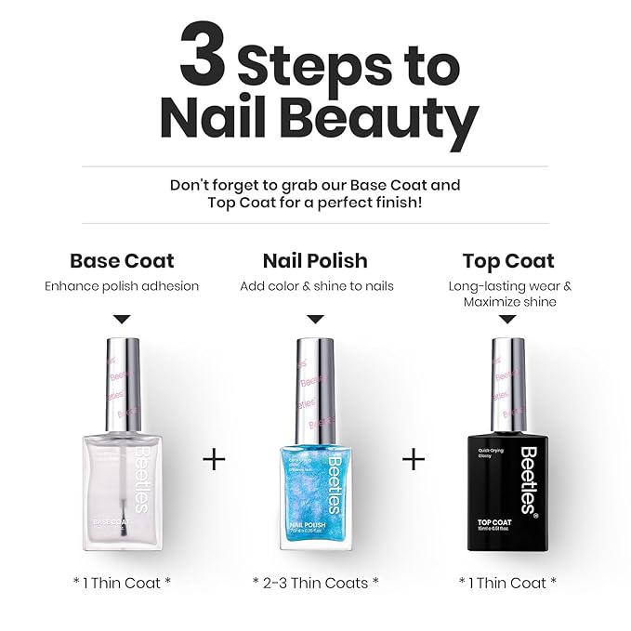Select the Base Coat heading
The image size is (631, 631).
[122, 261]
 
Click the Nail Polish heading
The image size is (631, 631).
[315, 261]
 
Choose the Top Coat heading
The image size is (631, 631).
[508, 261]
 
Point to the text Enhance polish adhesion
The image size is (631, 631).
[122, 286]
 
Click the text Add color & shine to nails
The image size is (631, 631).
[316, 286]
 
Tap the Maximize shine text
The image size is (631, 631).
[509, 302]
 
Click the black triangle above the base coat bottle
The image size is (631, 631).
[122, 319]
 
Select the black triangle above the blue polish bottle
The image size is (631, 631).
[316, 319]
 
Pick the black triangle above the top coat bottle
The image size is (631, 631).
[507, 319]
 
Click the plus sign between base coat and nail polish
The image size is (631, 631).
[215, 459]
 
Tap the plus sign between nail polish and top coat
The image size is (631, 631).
[413, 459]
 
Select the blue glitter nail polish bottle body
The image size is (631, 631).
[315, 483]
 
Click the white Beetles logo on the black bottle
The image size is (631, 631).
[528, 478]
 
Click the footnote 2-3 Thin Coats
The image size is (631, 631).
[315, 583]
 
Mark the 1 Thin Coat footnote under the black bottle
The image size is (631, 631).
[508, 583]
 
